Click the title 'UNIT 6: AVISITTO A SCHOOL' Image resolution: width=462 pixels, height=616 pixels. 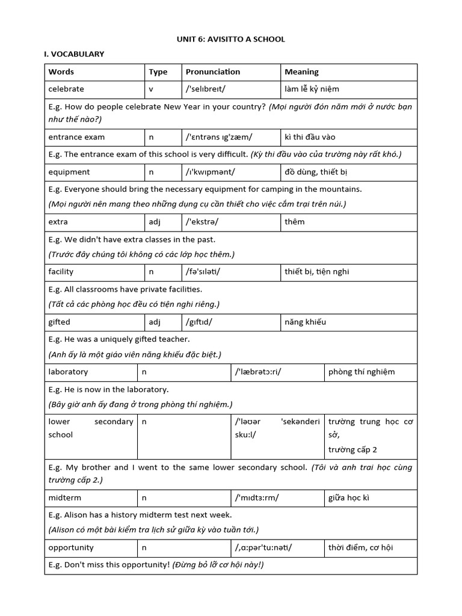click(231, 39)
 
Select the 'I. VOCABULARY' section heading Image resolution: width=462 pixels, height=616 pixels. click(74, 54)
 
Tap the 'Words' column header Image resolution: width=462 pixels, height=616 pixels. click(61, 72)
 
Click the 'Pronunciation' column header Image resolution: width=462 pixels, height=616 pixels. click(213, 72)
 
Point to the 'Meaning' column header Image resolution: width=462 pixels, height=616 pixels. click(301, 72)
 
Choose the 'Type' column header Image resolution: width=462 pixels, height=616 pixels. click(158, 72)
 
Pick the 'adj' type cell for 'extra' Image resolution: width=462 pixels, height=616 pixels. click(155, 222)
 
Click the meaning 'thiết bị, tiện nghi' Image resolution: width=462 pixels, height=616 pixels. click(316, 272)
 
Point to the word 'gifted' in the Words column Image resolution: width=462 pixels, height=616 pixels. click(60, 322)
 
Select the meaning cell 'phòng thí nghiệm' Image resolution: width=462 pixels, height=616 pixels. click(362, 372)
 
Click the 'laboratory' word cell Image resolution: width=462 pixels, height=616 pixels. click(68, 372)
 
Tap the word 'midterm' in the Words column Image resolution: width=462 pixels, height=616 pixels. click(65, 498)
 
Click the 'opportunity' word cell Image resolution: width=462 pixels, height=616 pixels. click(71, 548)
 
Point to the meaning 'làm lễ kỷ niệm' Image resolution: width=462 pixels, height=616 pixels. click(312, 89)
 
